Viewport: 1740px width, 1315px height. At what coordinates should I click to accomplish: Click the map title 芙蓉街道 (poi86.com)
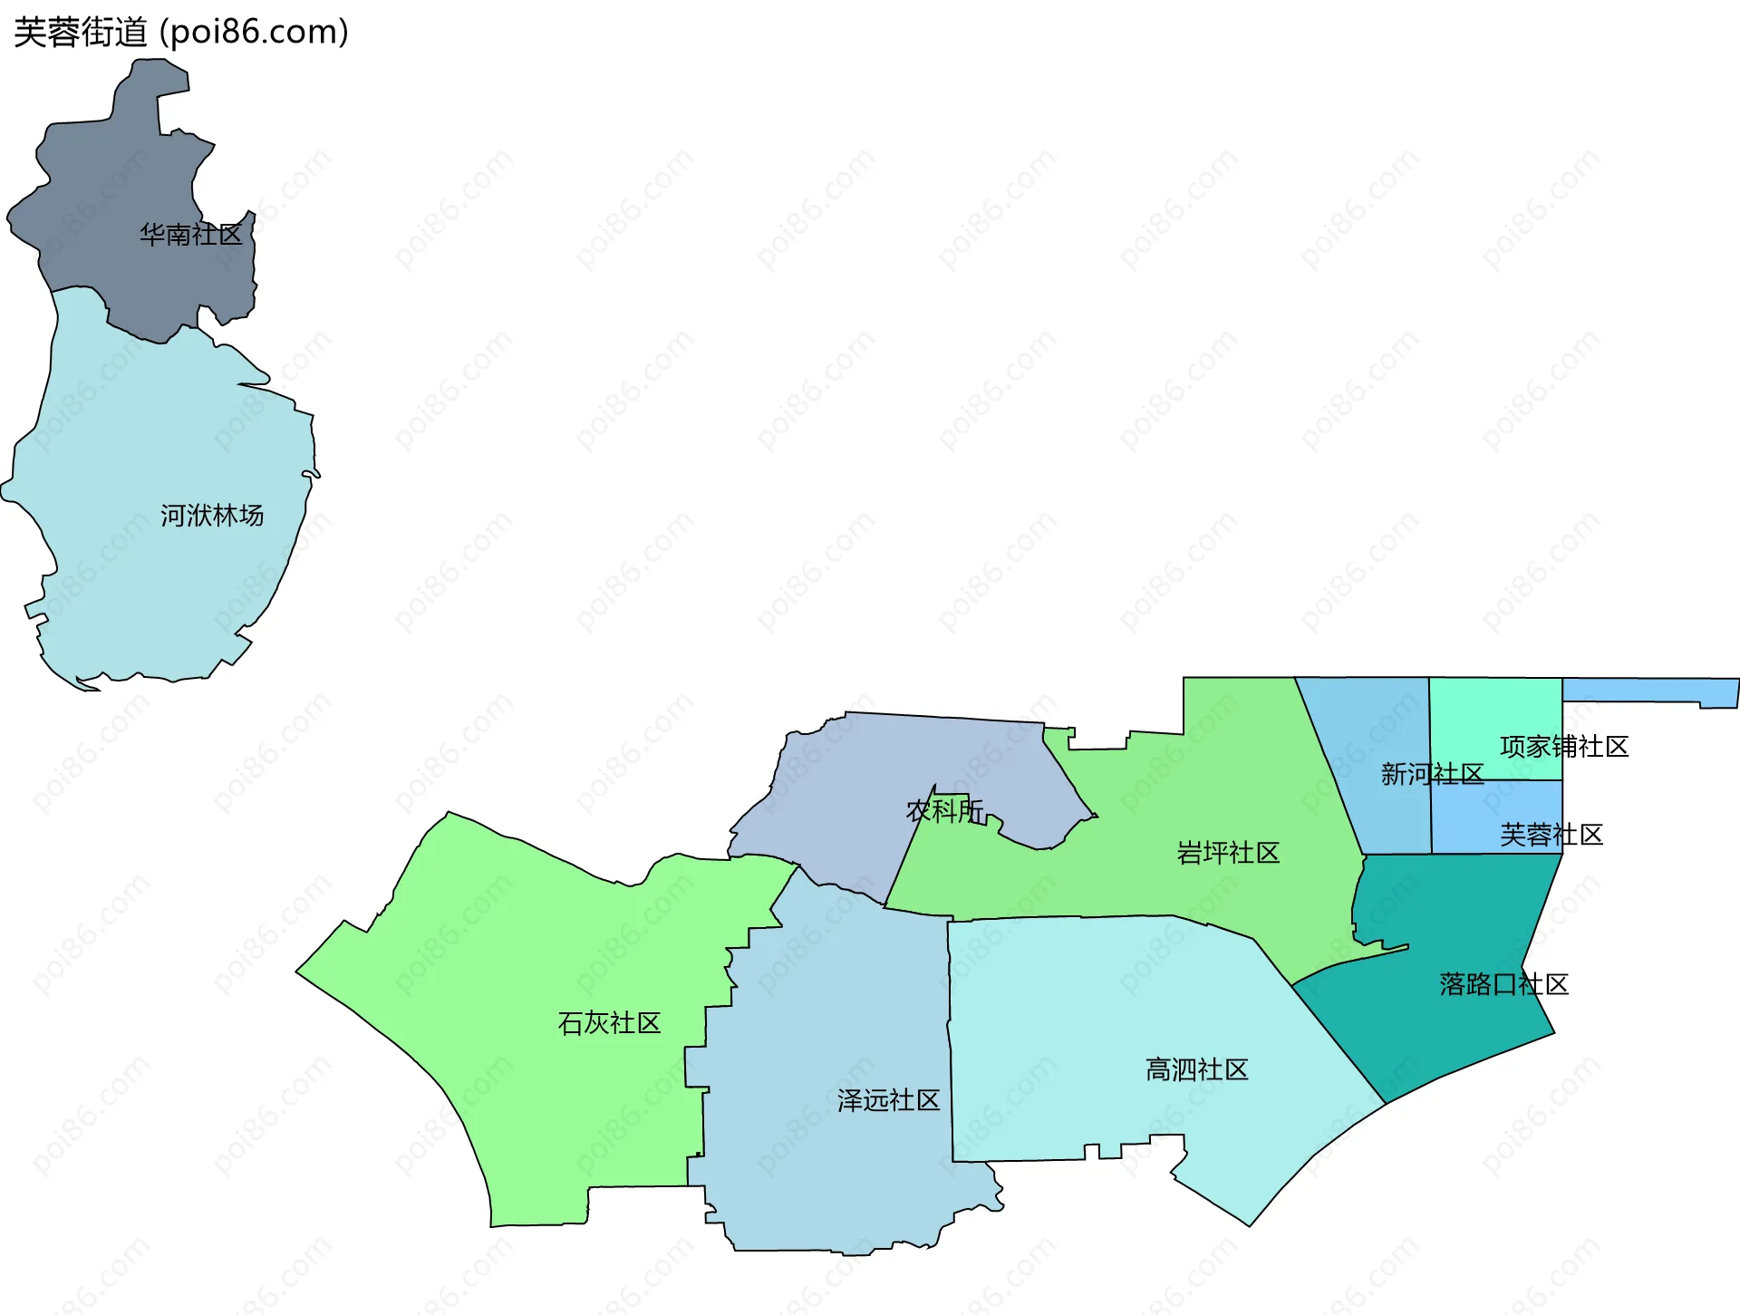coord(181,33)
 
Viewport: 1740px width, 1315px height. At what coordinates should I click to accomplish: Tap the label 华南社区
coord(190,235)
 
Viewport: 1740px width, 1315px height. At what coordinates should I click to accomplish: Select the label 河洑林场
coord(212,516)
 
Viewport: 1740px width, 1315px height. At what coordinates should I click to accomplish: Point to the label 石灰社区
coord(609,1023)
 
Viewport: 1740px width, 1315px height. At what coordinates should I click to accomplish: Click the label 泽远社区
coord(888,1100)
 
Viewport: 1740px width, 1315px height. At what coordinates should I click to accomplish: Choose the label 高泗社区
coord(1196,1069)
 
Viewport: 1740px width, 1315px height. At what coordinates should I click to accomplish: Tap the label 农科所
coord(944,810)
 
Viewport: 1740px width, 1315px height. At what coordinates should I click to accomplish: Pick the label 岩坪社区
coord(1228,853)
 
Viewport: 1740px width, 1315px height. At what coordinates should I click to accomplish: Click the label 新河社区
coord(1432,774)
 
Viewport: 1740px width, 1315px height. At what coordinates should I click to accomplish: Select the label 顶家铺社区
coord(1564,747)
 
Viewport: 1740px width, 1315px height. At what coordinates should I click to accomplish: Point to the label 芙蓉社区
coord(1551,835)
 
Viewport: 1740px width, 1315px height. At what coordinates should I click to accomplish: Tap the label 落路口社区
coord(1503,984)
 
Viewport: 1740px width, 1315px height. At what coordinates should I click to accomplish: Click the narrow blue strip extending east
coord(1649,691)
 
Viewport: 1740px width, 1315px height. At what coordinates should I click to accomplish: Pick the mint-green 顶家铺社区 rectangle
coord(1495,716)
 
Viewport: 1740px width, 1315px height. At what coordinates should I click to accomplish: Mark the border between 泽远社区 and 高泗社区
coord(951,1042)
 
